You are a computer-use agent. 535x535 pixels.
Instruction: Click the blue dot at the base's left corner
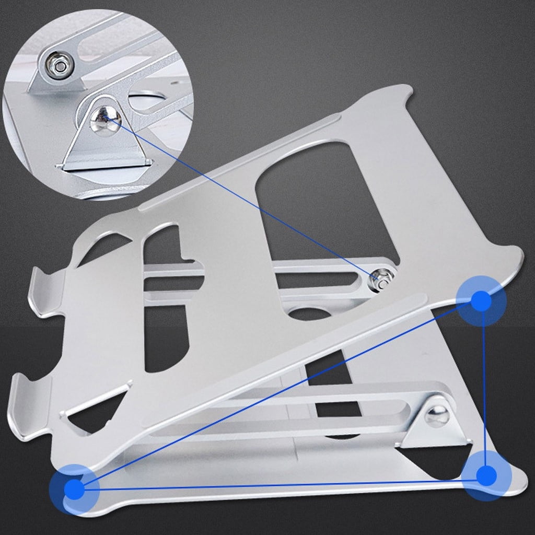click(74, 490)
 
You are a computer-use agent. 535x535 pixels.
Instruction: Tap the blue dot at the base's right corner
click(486, 475)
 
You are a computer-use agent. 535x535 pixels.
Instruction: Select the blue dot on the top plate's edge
click(481, 301)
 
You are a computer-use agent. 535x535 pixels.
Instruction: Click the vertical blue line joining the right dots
click(484, 387)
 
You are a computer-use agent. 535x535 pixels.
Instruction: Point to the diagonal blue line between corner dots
click(277, 396)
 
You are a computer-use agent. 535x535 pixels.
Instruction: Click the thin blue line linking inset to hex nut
click(246, 201)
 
